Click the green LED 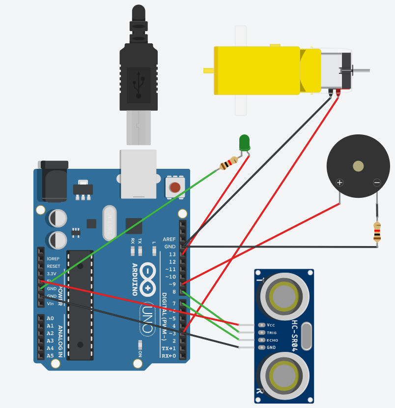click(x=244, y=142)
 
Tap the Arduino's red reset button click(x=175, y=187)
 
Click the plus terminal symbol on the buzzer click(x=339, y=183)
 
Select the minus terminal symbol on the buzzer click(x=377, y=183)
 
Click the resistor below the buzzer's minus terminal click(x=377, y=232)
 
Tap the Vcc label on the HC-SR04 click(x=271, y=325)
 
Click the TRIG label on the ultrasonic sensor click(x=272, y=332)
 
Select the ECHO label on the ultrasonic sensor click(x=272, y=340)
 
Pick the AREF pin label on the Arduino click(x=169, y=239)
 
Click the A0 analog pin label click(x=50, y=318)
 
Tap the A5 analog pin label click(x=50, y=355)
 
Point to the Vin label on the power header click(x=51, y=304)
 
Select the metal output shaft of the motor click(x=361, y=71)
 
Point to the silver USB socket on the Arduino click(x=138, y=173)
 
